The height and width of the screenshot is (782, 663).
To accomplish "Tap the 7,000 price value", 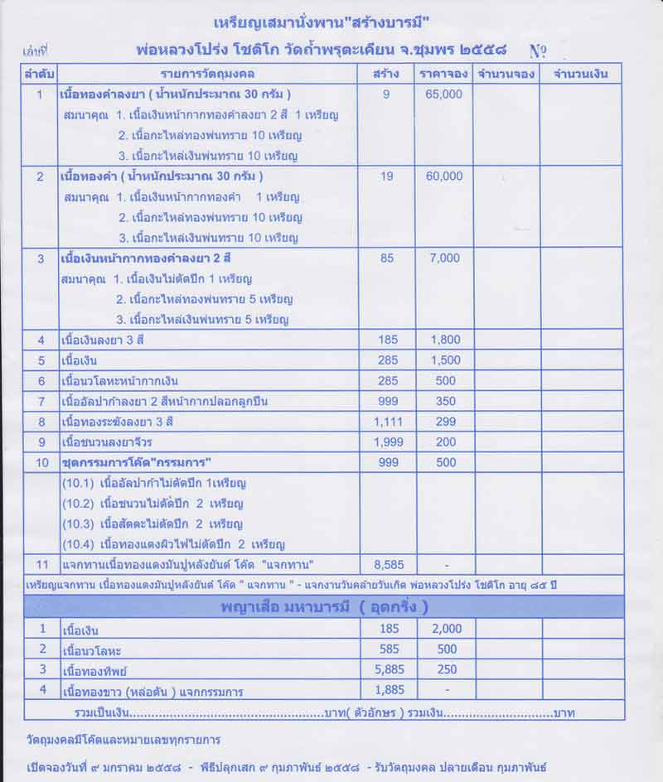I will click(445, 258).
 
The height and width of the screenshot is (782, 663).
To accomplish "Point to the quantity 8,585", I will click(389, 565).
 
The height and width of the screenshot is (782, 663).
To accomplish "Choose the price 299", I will click(445, 421).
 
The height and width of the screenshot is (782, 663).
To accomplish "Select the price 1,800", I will click(445, 340).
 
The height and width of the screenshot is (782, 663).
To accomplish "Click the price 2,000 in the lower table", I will click(445, 629).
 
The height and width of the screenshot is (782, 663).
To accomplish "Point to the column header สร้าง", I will click(387, 74).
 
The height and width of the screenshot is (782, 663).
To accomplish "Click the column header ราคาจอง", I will click(445, 74).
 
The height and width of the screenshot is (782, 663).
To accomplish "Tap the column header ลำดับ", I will click(40, 74).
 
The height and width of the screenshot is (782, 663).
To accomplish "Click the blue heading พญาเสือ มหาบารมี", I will click(323, 606).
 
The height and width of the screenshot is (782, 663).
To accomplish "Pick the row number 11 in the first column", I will click(40, 565).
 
